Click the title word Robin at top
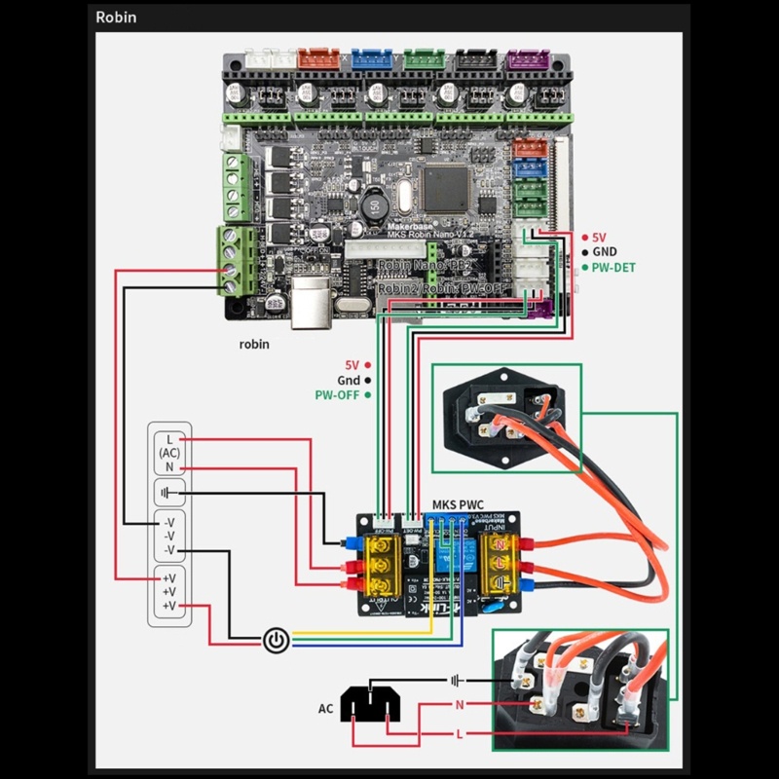pyautogui.click(x=116, y=17)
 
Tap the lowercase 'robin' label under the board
pyautogui.click(x=254, y=344)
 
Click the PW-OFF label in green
pyautogui.click(x=337, y=395)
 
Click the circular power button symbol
pyautogui.click(x=278, y=640)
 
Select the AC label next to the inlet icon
pyautogui.click(x=327, y=708)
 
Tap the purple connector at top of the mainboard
pyautogui.click(x=523, y=58)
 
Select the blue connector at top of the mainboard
pyautogui.click(x=368, y=58)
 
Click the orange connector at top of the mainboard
pyautogui.click(x=315, y=58)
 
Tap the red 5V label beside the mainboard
pyautogui.click(x=600, y=237)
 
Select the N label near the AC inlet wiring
pyautogui.click(x=459, y=704)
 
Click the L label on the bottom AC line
pyautogui.click(x=459, y=733)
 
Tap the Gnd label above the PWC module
pyautogui.click(x=349, y=380)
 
